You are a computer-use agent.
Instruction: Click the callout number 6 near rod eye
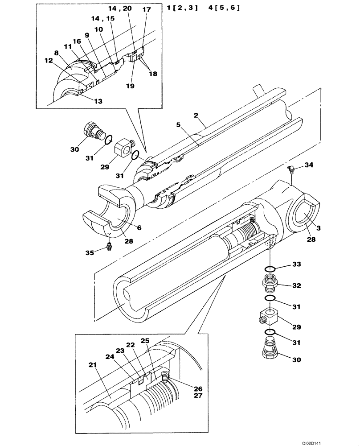tap(139, 227)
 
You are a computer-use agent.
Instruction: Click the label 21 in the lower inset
tap(93, 365)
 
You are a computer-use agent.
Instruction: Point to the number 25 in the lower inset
tap(145, 341)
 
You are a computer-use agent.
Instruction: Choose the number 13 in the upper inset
tap(98, 101)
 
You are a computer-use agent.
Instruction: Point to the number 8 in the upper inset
tap(57, 53)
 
